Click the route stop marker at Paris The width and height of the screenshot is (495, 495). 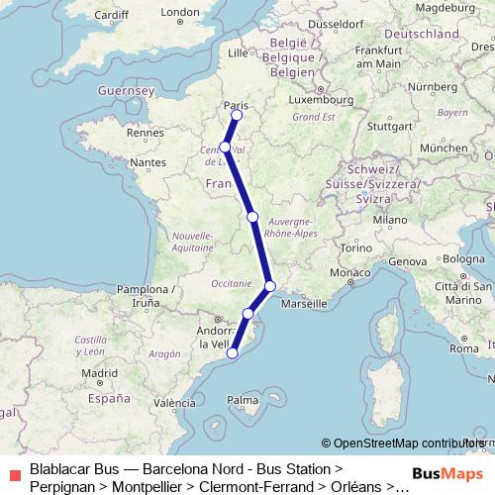coord(237,115)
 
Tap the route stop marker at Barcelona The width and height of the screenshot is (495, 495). coord(233,352)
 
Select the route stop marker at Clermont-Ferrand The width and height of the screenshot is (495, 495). coord(252,216)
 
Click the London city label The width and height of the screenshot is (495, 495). coord(180,13)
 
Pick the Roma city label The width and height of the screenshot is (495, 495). coord(463,348)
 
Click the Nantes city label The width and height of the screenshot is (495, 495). coord(148,161)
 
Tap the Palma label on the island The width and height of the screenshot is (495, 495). coord(242,400)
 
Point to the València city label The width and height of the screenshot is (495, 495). coord(174,403)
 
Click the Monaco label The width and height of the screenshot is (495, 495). coord(349,272)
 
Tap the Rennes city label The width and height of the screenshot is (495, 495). coord(144,132)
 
